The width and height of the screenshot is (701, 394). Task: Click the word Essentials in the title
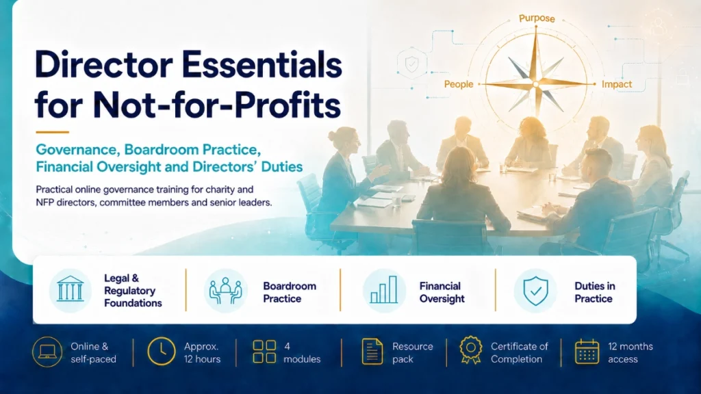point(262,65)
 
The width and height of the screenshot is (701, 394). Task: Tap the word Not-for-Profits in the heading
point(217,105)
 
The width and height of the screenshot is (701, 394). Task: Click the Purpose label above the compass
point(537,18)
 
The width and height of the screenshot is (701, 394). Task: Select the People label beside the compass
point(459,84)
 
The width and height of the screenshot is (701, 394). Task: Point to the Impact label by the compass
point(617,84)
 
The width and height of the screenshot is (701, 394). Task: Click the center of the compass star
point(536,84)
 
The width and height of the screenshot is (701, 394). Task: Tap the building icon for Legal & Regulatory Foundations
point(71,289)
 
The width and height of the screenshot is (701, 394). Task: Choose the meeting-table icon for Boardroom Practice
point(225,291)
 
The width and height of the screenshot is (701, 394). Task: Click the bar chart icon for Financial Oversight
point(383,289)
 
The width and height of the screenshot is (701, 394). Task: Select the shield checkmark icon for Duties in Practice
point(535,291)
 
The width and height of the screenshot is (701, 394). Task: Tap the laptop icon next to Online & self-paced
point(47,352)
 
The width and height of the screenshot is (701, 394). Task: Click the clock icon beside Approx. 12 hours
point(162,352)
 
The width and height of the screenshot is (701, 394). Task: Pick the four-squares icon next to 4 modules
point(264,352)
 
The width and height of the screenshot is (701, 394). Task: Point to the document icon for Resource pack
point(372,352)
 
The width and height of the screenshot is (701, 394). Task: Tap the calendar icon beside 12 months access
point(587,352)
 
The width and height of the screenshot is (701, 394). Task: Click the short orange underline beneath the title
point(52,132)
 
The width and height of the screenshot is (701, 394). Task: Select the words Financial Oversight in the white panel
point(442,292)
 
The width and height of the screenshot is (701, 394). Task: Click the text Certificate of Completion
point(519,352)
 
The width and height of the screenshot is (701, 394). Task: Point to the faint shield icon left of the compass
point(411,64)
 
